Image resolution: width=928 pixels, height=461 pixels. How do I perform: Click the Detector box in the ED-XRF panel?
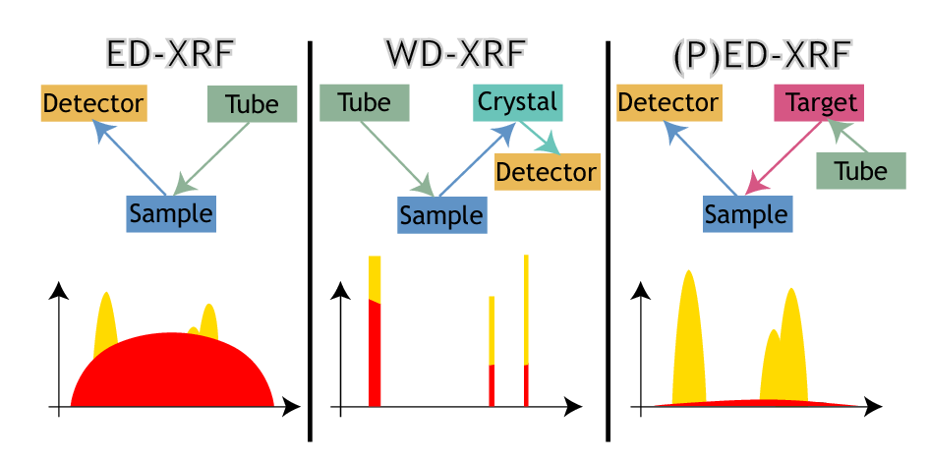92,103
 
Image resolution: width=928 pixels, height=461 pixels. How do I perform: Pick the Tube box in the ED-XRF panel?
252,104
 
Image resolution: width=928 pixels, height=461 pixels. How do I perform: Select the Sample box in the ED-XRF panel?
170,213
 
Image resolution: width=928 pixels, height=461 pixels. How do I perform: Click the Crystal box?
517,101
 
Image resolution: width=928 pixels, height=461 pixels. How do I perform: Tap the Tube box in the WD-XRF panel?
364,103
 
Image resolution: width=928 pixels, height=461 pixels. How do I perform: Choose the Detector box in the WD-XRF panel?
546,172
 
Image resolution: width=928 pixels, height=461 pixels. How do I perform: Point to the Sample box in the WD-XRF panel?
441,215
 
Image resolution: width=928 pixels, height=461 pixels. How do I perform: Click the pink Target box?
820,103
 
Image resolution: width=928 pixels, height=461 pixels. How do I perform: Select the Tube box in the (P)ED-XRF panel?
860,171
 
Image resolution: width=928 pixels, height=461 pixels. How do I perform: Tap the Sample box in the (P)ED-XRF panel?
747,213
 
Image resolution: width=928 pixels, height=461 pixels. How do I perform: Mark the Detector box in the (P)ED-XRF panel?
668,103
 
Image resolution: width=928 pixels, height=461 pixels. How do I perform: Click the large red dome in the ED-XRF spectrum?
172,374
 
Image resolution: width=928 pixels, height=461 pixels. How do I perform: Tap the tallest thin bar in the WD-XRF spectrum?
526,324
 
